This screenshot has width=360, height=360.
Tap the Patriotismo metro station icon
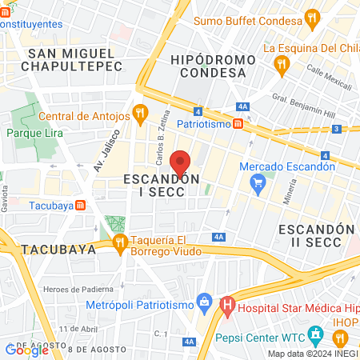(x=238, y=124)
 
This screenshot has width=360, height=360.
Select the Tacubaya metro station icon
(x=80, y=205)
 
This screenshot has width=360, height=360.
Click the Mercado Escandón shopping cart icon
(x=258, y=183)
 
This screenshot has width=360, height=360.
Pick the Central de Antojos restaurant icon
(x=139, y=111)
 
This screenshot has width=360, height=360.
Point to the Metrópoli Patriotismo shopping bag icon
(x=204, y=302)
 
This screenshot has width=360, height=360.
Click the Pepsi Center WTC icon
(x=317, y=331)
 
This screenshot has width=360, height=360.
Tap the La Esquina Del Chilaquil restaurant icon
(x=280, y=63)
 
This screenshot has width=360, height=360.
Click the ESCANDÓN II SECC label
(x=315, y=235)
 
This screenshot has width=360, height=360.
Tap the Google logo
(x=26, y=349)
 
